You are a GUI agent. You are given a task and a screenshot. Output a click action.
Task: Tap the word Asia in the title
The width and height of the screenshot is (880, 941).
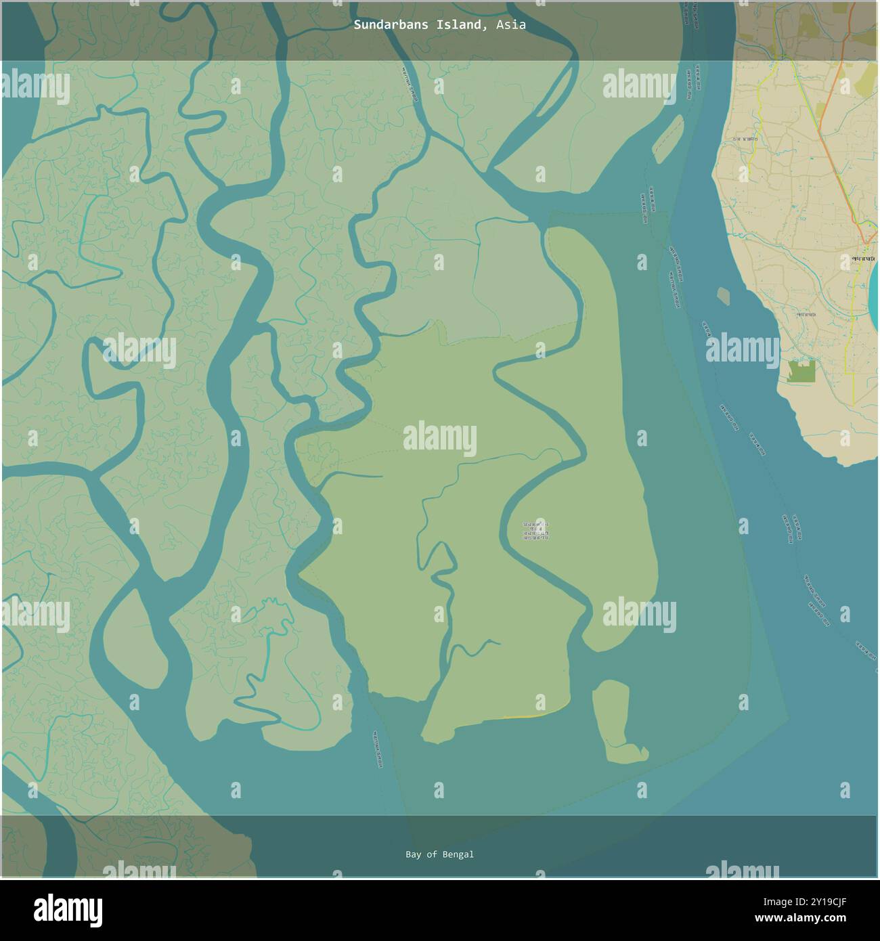tap(510, 25)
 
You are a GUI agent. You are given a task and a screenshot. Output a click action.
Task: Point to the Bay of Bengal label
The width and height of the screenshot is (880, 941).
tap(439, 854)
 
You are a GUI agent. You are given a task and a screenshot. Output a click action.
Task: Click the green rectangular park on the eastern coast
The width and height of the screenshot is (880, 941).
tap(801, 372)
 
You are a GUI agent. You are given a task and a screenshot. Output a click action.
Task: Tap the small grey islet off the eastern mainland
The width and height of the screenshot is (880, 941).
tap(723, 296)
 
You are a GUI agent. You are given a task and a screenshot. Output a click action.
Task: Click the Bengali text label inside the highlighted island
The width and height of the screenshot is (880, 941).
tap(535, 530)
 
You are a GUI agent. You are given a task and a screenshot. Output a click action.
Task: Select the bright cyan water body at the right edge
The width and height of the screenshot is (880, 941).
tap(874, 287)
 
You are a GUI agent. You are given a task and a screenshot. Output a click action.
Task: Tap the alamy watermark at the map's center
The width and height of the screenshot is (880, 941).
tap(439, 437)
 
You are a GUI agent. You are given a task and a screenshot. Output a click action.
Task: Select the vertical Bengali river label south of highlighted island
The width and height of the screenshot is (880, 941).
tap(377, 749)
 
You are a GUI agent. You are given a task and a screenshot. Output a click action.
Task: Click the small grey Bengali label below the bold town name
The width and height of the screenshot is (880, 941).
tap(806, 314)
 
